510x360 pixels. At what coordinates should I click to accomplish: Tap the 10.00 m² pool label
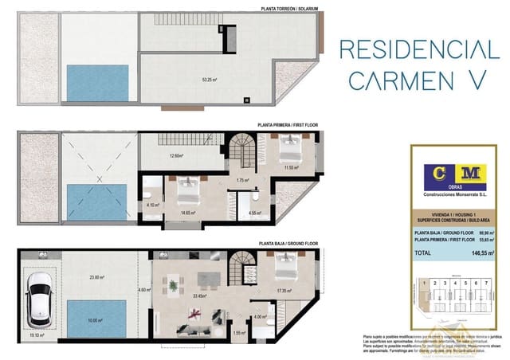click(95, 321)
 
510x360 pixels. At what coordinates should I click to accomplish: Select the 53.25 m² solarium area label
click(210, 80)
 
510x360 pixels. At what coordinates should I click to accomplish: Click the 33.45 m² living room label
click(202, 295)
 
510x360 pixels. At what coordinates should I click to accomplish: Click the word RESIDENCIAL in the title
click(414, 49)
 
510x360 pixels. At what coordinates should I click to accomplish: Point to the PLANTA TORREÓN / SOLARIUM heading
click(289, 8)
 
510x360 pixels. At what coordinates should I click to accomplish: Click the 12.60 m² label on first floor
click(176, 156)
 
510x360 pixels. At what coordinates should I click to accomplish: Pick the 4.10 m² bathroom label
click(152, 204)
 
